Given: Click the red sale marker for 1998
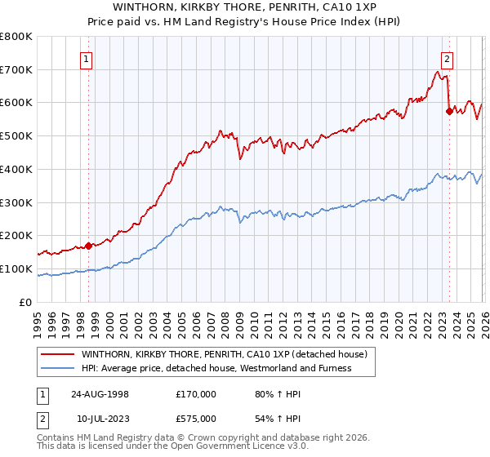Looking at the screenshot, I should [x=89, y=245].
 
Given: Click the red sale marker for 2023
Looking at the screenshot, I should [x=448, y=111].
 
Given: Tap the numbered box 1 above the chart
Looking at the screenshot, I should [x=86, y=58].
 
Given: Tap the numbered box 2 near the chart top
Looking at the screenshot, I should [x=448, y=58].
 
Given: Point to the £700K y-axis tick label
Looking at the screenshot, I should [x=16, y=69].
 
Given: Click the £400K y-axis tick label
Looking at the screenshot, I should [x=16, y=169].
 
